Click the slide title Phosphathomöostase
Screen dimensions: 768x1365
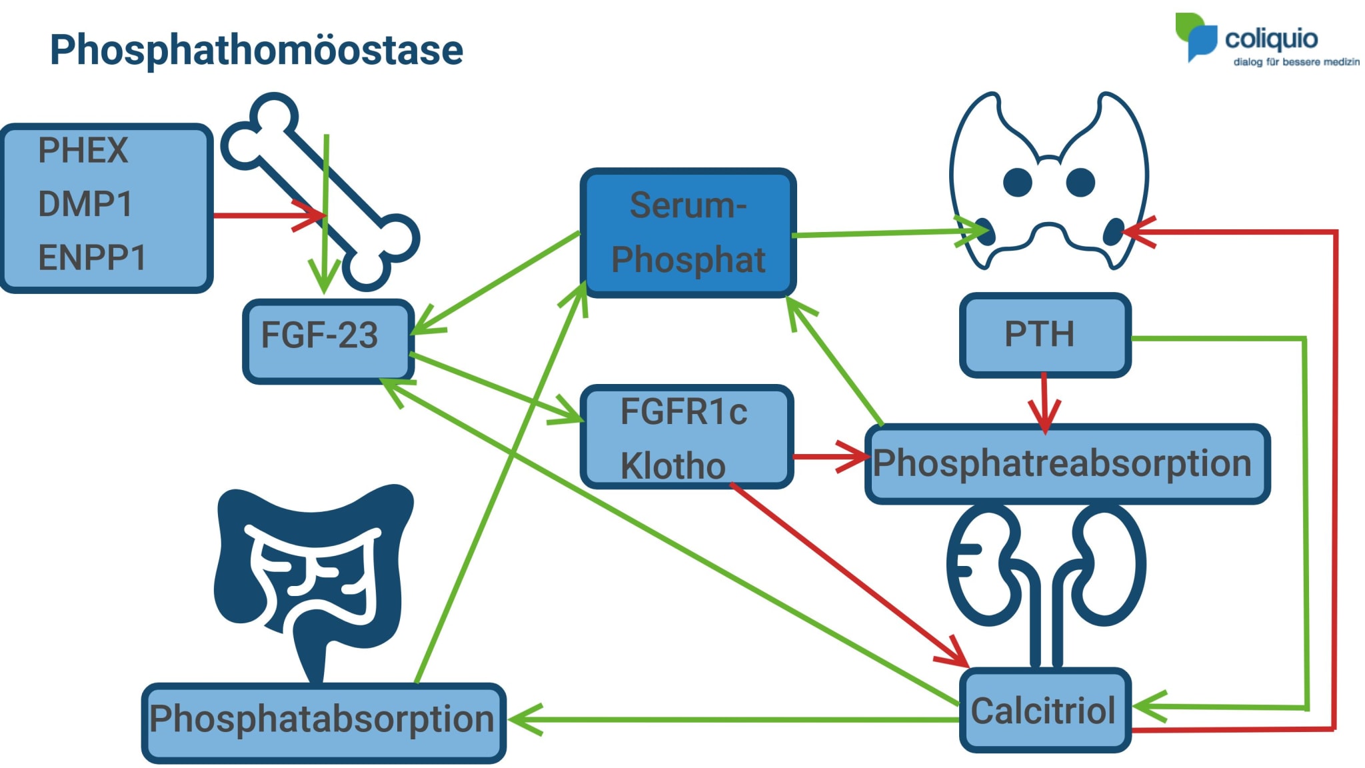[256, 50]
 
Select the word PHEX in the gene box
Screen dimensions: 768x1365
[83, 151]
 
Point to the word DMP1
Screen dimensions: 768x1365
[85, 204]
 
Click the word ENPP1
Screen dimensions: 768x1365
[92, 258]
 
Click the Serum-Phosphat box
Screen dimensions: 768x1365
[688, 233]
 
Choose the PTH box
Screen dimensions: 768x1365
[1044, 335]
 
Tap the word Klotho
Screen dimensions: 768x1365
[673, 465]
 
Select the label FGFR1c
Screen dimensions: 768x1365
[683, 411]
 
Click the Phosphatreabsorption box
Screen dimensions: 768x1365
[1066, 464]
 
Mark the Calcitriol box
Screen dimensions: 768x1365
[1044, 711]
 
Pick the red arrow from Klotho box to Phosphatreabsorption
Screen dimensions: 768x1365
[830, 457]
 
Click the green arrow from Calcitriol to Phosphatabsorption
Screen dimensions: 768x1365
[733, 720]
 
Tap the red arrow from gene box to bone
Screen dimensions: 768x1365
[267, 215]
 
